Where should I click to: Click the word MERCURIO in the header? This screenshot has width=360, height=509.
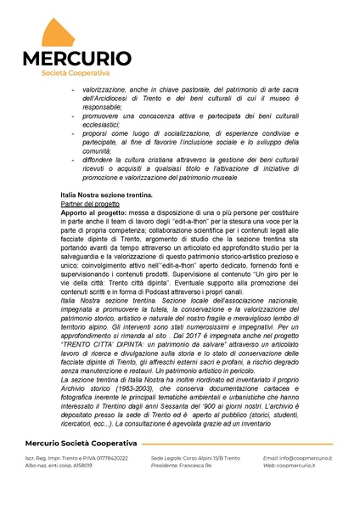pos(77,59)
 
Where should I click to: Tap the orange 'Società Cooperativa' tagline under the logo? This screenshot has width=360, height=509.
pos(77,73)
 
